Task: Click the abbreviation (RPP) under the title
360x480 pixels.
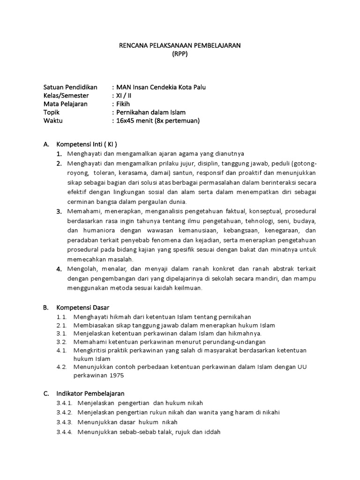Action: (179, 53)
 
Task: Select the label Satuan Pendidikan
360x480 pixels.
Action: (70, 87)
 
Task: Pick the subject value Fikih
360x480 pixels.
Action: (123, 104)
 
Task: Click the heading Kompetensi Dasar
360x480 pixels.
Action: (82, 307)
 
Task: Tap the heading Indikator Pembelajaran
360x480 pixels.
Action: (90, 393)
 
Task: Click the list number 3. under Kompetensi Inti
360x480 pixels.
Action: (60, 211)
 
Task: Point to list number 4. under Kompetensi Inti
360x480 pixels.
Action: (60, 269)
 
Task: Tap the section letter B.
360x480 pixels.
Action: (45, 307)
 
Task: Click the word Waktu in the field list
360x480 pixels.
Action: (53, 121)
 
